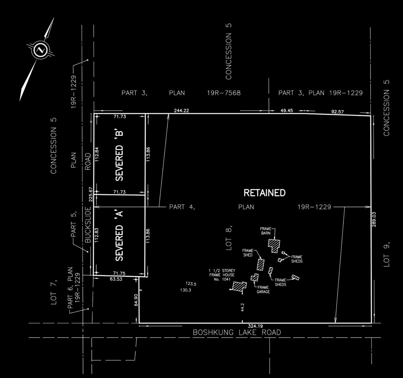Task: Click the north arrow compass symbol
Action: pos(41,49)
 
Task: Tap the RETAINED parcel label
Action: pos(264,193)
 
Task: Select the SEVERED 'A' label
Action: pos(119,236)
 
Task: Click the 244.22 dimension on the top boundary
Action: pos(181,111)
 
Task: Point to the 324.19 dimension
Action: pos(255,326)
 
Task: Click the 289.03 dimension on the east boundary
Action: pos(374,219)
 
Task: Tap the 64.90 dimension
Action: pos(136,300)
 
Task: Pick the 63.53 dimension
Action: pos(116,279)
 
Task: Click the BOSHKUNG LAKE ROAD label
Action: pos(237,332)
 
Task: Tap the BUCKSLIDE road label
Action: pos(88,225)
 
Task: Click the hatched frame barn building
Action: pos(274,246)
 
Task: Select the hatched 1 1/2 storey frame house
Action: pos(240,286)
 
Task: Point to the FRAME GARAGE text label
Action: pos(263,289)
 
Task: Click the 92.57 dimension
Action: pos(337,111)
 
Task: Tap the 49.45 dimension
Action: pos(287,111)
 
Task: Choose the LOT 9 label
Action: pos(386,254)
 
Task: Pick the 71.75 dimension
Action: pos(119,273)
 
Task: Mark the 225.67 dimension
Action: pos(90,194)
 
